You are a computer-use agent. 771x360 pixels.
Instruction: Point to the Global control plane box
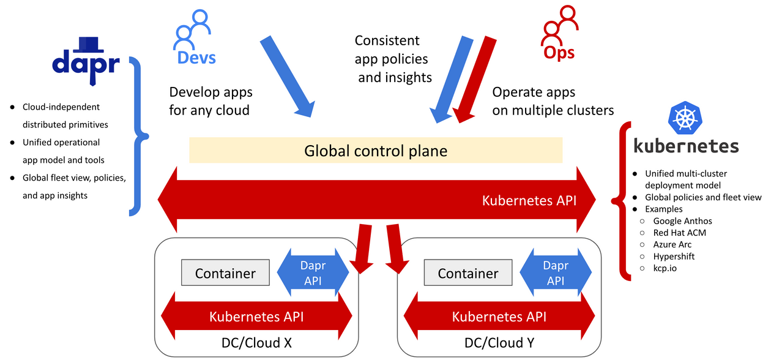(376, 150)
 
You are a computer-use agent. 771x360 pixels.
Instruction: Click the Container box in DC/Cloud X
(225, 273)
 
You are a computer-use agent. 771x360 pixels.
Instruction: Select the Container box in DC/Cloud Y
(468, 273)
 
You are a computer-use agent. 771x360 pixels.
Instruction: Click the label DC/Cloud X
(256, 343)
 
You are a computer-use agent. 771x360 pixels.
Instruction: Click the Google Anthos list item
(682, 221)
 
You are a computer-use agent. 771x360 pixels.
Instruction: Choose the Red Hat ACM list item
(680, 233)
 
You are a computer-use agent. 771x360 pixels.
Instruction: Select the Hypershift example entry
(674, 257)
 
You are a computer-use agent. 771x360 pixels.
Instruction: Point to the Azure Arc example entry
(672, 244)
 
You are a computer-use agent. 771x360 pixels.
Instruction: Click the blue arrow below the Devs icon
(288, 76)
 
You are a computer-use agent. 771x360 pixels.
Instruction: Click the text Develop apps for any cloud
(210, 101)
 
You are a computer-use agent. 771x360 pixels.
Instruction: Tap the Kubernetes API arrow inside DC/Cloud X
(256, 317)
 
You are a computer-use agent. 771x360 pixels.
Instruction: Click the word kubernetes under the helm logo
(685, 146)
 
